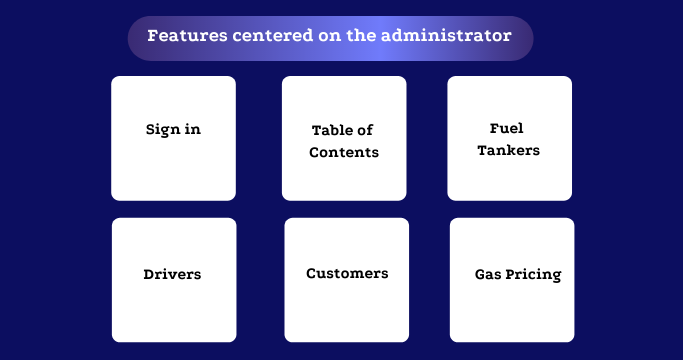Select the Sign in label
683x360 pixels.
point(173,130)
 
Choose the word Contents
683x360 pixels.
point(344,153)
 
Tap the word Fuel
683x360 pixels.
point(507,128)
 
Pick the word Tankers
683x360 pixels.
point(508,151)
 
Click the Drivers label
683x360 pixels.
point(172,274)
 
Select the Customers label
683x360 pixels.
point(347,274)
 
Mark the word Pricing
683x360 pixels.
point(534,275)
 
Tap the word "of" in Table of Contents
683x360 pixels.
point(367,131)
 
